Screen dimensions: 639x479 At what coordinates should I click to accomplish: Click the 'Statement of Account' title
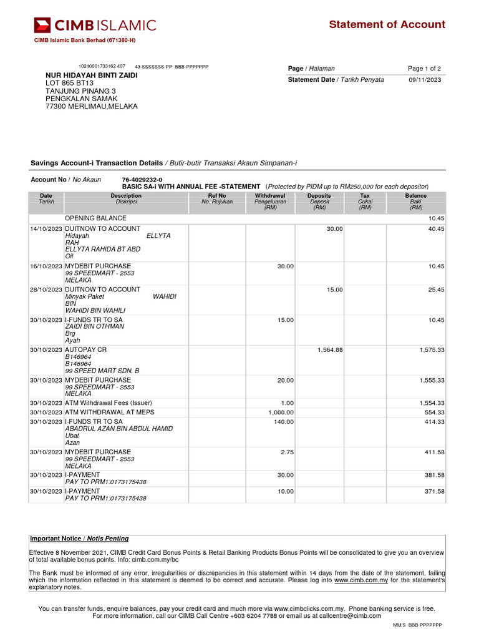(387, 25)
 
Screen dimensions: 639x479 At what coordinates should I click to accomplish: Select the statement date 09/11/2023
(425, 80)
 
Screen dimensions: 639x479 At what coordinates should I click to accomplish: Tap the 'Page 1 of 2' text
(424, 69)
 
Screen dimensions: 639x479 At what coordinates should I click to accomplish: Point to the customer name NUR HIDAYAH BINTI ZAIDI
(92, 75)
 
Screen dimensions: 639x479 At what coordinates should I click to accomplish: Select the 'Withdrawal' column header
(270, 196)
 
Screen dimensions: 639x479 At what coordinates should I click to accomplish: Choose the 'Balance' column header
(416, 196)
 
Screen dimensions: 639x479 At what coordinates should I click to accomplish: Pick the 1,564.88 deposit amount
(330, 350)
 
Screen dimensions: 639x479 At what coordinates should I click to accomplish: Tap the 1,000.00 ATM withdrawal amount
(281, 412)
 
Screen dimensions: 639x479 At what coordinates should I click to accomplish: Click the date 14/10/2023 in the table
(46, 229)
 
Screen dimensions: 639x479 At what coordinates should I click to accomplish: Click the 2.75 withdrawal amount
(286, 452)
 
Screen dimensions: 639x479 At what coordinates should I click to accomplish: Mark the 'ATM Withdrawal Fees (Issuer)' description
(108, 403)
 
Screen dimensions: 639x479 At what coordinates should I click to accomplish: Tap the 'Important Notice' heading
(79, 539)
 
